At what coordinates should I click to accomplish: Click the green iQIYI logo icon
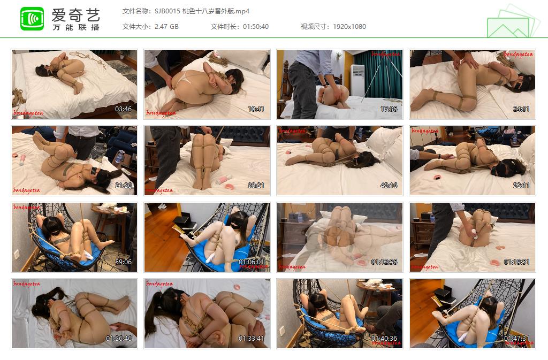[x=32, y=19]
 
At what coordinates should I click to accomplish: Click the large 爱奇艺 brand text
[x=75, y=14]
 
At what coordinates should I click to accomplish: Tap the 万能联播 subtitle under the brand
[x=75, y=27]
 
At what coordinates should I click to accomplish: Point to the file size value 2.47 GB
[x=166, y=26]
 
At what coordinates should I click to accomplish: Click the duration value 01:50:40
[x=256, y=26]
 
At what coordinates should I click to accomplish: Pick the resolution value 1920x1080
[x=349, y=26]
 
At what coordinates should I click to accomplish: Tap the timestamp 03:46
[x=124, y=109]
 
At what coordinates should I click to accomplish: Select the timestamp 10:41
[x=256, y=109]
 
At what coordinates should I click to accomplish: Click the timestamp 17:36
[x=389, y=109]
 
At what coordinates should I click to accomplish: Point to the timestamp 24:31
[x=521, y=109]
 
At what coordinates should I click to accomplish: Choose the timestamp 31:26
[x=124, y=186]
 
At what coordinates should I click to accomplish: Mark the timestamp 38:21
[x=256, y=186]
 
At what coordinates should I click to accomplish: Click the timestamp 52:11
[x=521, y=186]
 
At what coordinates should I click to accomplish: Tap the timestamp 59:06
[x=124, y=262]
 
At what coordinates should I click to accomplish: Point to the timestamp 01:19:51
[x=517, y=262]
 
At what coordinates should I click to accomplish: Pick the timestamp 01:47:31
[x=517, y=339]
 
